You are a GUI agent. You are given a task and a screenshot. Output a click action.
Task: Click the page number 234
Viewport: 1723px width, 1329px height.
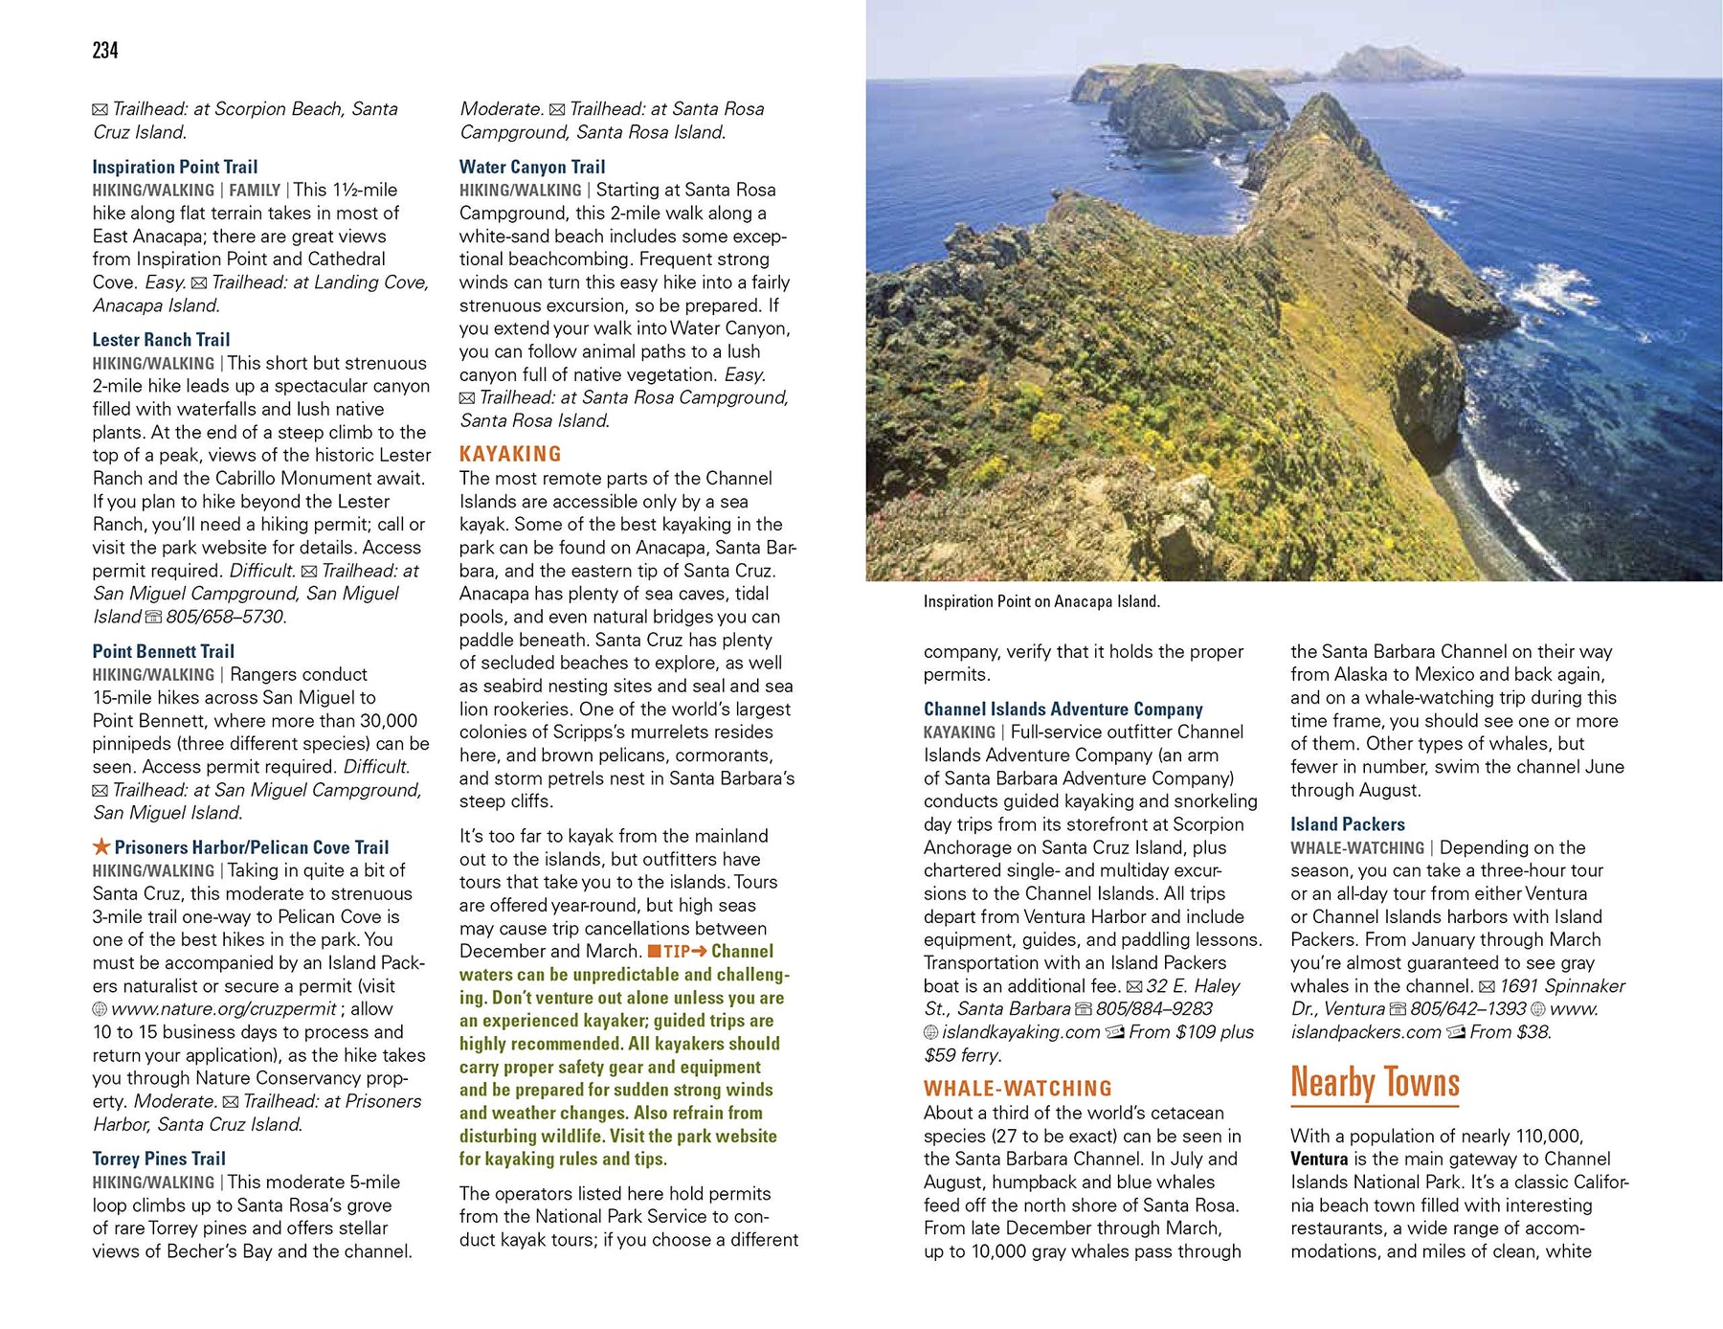tap(105, 51)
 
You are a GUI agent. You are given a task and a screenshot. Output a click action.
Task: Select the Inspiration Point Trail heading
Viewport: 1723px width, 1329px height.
tap(174, 167)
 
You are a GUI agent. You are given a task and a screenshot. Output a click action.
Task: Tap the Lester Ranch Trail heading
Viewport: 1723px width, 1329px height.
tap(161, 340)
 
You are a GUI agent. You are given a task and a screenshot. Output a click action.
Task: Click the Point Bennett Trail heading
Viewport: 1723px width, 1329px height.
tap(163, 651)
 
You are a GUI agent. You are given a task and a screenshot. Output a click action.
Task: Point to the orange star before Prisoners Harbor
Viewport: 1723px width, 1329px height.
tap(101, 846)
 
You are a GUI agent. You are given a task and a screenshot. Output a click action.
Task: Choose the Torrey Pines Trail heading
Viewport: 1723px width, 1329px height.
tap(159, 1159)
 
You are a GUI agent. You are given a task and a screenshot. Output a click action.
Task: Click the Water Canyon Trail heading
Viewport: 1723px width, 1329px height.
tap(531, 167)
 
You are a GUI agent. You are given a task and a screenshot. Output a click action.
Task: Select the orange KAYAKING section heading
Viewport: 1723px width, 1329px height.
tap(510, 454)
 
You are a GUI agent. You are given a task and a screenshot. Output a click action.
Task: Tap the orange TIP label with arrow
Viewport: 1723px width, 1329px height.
tap(677, 952)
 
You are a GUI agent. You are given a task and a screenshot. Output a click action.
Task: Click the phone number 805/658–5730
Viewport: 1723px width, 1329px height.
tap(226, 617)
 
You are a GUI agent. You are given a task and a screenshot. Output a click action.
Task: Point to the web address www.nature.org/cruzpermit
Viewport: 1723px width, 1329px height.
tap(223, 1009)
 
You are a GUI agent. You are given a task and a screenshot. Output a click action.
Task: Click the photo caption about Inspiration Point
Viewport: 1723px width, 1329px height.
tap(1041, 601)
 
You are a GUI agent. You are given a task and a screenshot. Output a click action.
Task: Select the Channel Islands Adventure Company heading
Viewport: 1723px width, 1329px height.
tap(1063, 709)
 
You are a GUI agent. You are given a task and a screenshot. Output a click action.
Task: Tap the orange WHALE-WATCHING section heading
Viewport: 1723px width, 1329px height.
tap(1018, 1089)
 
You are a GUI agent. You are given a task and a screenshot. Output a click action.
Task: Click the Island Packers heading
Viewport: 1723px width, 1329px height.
tap(1347, 824)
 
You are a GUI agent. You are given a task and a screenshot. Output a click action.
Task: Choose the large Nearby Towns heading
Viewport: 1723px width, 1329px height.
tap(1375, 1083)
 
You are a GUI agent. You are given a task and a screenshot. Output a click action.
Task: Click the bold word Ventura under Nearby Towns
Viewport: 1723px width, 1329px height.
tap(1318, 1159)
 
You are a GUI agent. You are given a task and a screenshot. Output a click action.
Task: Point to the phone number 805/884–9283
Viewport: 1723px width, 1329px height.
tap(1153, 1009)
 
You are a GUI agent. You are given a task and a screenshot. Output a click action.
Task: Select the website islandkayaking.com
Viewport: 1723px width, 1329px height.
tap(1020, 1032)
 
